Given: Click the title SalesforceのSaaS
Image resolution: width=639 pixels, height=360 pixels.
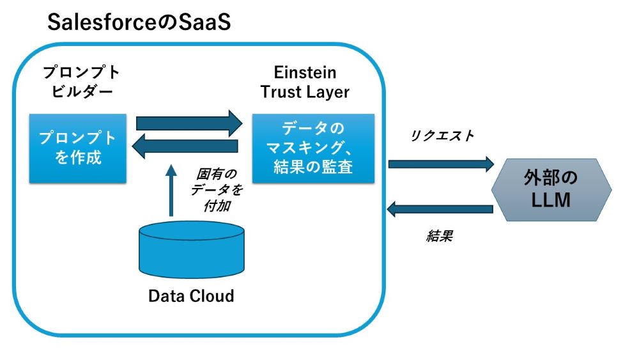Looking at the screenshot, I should click(x=139, y=23).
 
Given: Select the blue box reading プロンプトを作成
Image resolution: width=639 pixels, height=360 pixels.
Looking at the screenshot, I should click(x=78, y=148).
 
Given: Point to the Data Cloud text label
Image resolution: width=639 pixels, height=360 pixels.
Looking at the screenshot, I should click(x=191, y=296).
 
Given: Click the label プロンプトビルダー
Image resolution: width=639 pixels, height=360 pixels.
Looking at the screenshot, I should click(x=79, y=81).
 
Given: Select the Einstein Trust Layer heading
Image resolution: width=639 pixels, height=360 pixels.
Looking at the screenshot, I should click(x=305, y=81).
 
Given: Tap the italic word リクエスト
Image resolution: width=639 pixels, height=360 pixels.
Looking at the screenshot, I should click(x=442, y=135).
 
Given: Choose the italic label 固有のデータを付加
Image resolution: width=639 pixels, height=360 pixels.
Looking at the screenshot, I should click(x=217, y=191).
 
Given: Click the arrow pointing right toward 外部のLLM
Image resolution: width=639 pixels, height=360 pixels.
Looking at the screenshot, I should click(x=441, y=164).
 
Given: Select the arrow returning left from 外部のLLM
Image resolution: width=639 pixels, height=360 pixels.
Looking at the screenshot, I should click(x=441, y=208).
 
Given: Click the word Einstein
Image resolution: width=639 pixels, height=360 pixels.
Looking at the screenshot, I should click(x=305, y=71).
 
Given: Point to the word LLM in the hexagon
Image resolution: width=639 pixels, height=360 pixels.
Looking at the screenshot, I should click(x=551, y=201).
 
